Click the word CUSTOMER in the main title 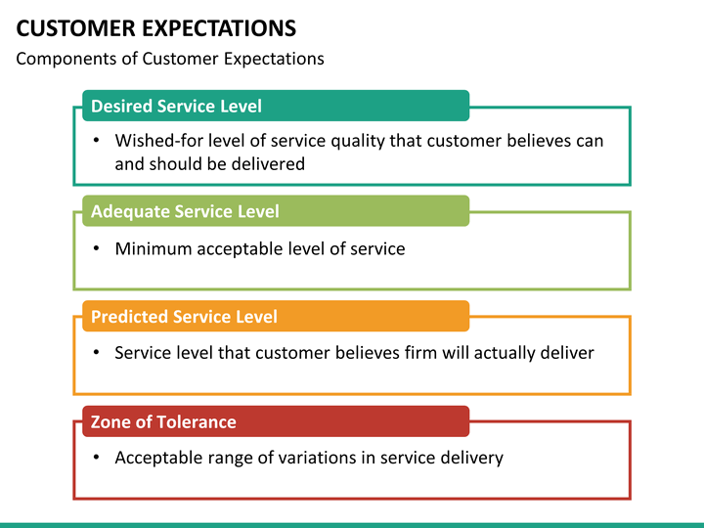tap(75, 27)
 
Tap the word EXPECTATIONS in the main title tap(219, 27)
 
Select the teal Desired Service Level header tap(276, 106)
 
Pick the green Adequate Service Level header tap(276, 210)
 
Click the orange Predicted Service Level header tap(276, 316)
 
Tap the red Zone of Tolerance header tap(276, 421)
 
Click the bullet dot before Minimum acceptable tap(96, 248)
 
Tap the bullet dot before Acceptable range tap(96, 457)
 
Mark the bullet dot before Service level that tap(96, 352)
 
